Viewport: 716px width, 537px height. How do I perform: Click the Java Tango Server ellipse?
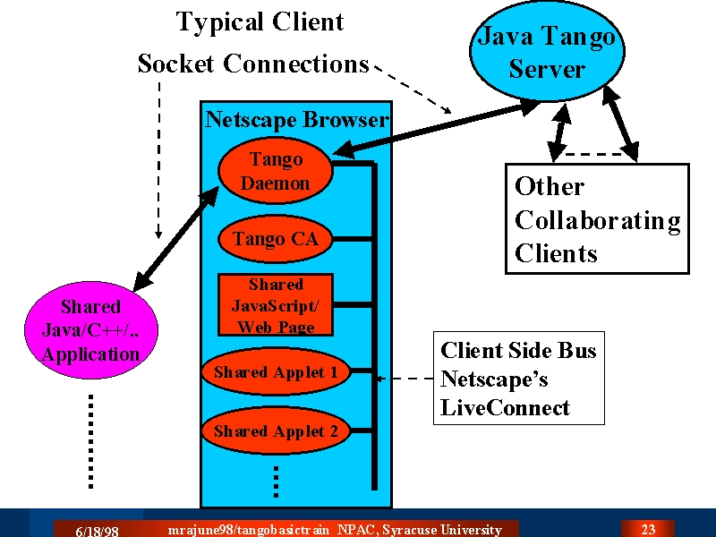[547, 50]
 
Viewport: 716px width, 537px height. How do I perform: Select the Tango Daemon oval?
[276, 170]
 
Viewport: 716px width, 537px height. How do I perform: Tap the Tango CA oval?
[276, 239]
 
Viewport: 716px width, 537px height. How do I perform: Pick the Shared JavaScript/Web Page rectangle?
[276, 305]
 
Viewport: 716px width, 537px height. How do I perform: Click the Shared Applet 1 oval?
[276, 371]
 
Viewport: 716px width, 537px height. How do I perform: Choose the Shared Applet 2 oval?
[276, 430]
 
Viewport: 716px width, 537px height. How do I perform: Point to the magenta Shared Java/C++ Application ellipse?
[91, 330]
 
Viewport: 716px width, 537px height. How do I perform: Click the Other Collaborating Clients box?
[597, 218]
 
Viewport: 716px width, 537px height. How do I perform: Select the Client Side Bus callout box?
[519, 378]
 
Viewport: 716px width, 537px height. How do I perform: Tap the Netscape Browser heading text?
[297, 120]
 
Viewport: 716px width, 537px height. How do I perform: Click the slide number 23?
[648, 529]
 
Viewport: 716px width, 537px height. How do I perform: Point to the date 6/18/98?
[97, 531]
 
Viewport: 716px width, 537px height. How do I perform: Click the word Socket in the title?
[175, 63]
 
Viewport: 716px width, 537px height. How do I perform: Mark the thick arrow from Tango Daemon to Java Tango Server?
[436, 129]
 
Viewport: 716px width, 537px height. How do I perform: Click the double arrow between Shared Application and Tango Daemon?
[176, 239]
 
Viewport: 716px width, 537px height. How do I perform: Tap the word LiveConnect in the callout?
[505, 408]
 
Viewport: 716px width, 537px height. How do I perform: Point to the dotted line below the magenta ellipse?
[91, 441]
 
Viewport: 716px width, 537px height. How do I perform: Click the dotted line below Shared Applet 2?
[276, 482]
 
